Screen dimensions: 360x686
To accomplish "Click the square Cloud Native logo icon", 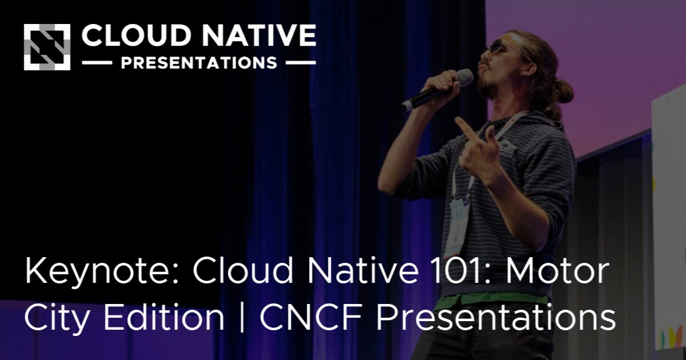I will pyautogui.click(x=47, y=47).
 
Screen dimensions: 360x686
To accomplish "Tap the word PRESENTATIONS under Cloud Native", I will pyautogui.click(x=199, y=63).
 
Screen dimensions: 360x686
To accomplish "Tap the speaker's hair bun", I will pyautogui.click(x=563, y=90).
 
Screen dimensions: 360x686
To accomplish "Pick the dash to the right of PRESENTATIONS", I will pyautogui.click(x=300, y=63).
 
